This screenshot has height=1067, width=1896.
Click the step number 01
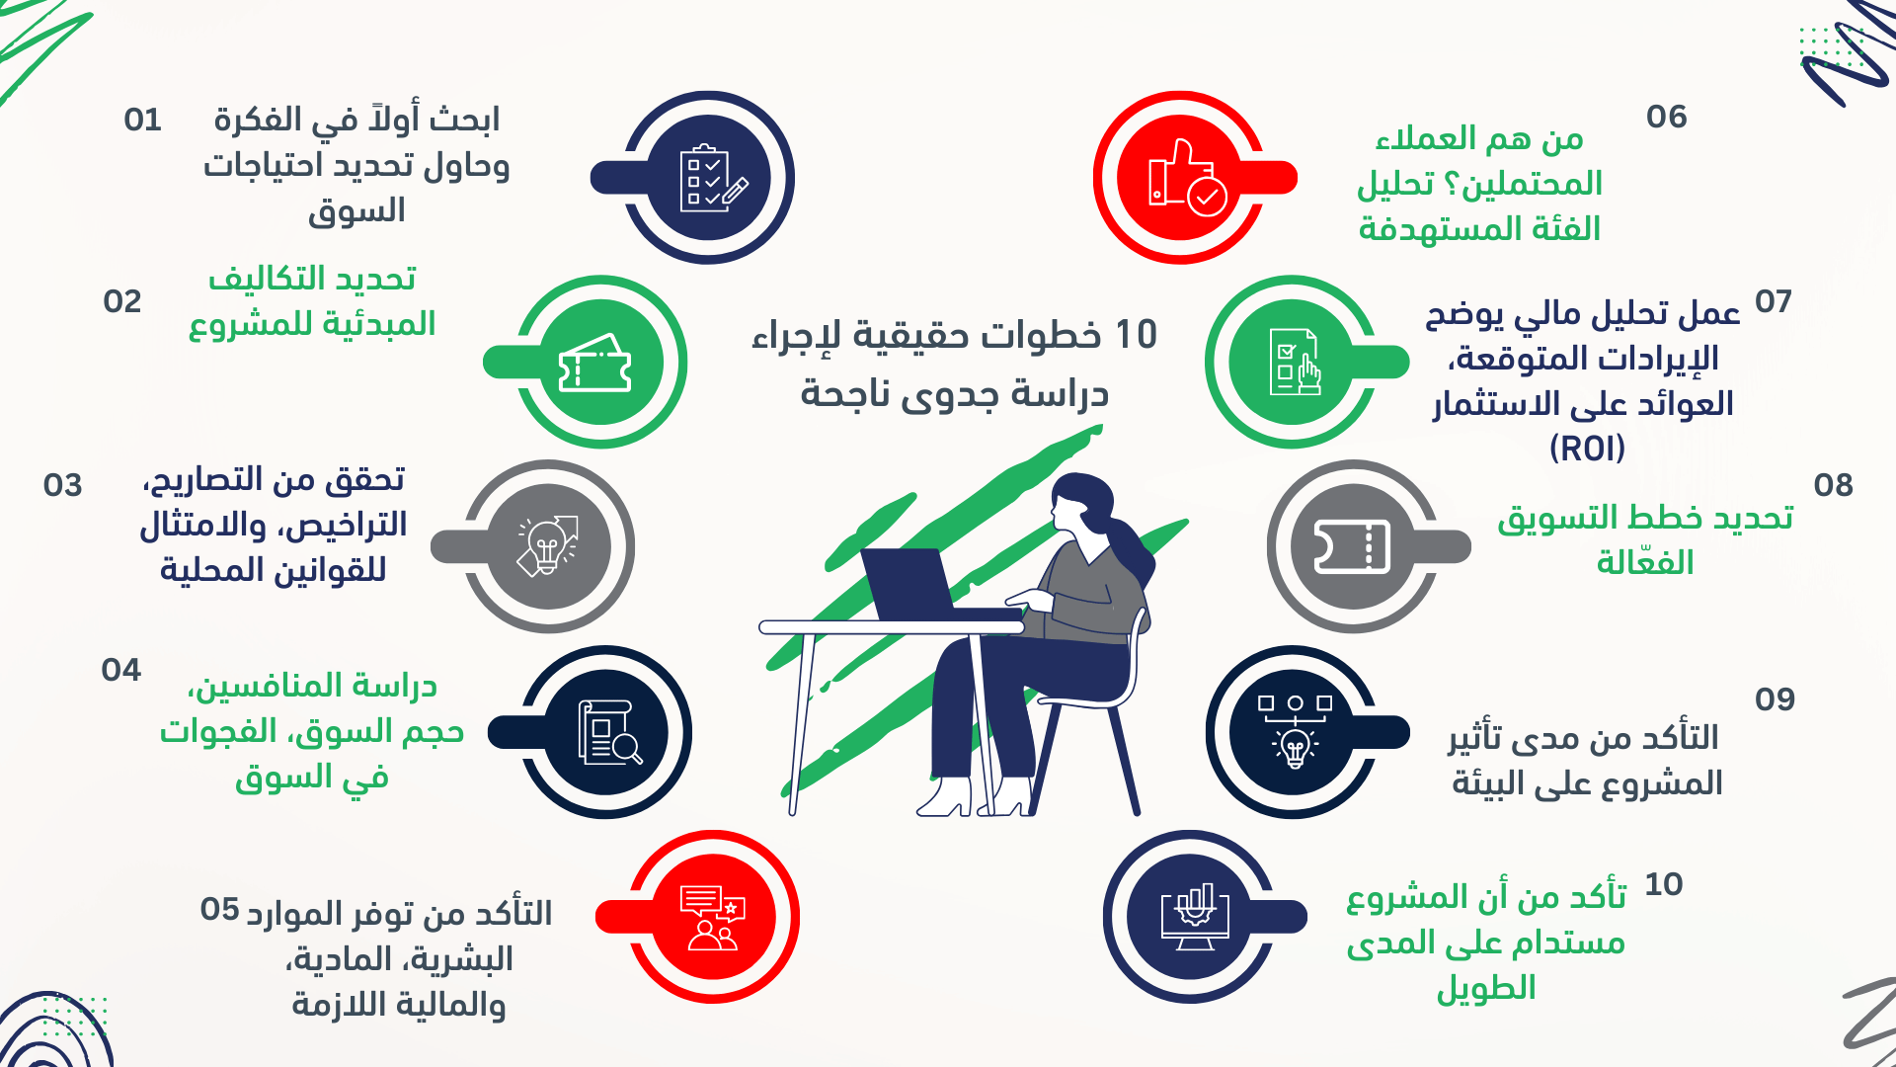point(142,120)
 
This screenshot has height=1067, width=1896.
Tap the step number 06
point(1667,117)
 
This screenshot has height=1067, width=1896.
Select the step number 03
point(62,485)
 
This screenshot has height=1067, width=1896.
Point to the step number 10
point(1664,884)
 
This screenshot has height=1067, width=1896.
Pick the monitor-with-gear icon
point(1195,917)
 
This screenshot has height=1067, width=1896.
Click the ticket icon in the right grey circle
point(1352,546)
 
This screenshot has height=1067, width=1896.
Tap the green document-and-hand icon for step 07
point(1294,362)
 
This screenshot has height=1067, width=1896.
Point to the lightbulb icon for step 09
point(1295,732)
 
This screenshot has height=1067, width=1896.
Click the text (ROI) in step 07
point(1587,449)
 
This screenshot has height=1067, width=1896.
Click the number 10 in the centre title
point(1136,335)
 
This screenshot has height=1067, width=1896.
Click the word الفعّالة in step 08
point(1645,561)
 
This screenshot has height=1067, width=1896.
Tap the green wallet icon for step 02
point(594,364)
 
